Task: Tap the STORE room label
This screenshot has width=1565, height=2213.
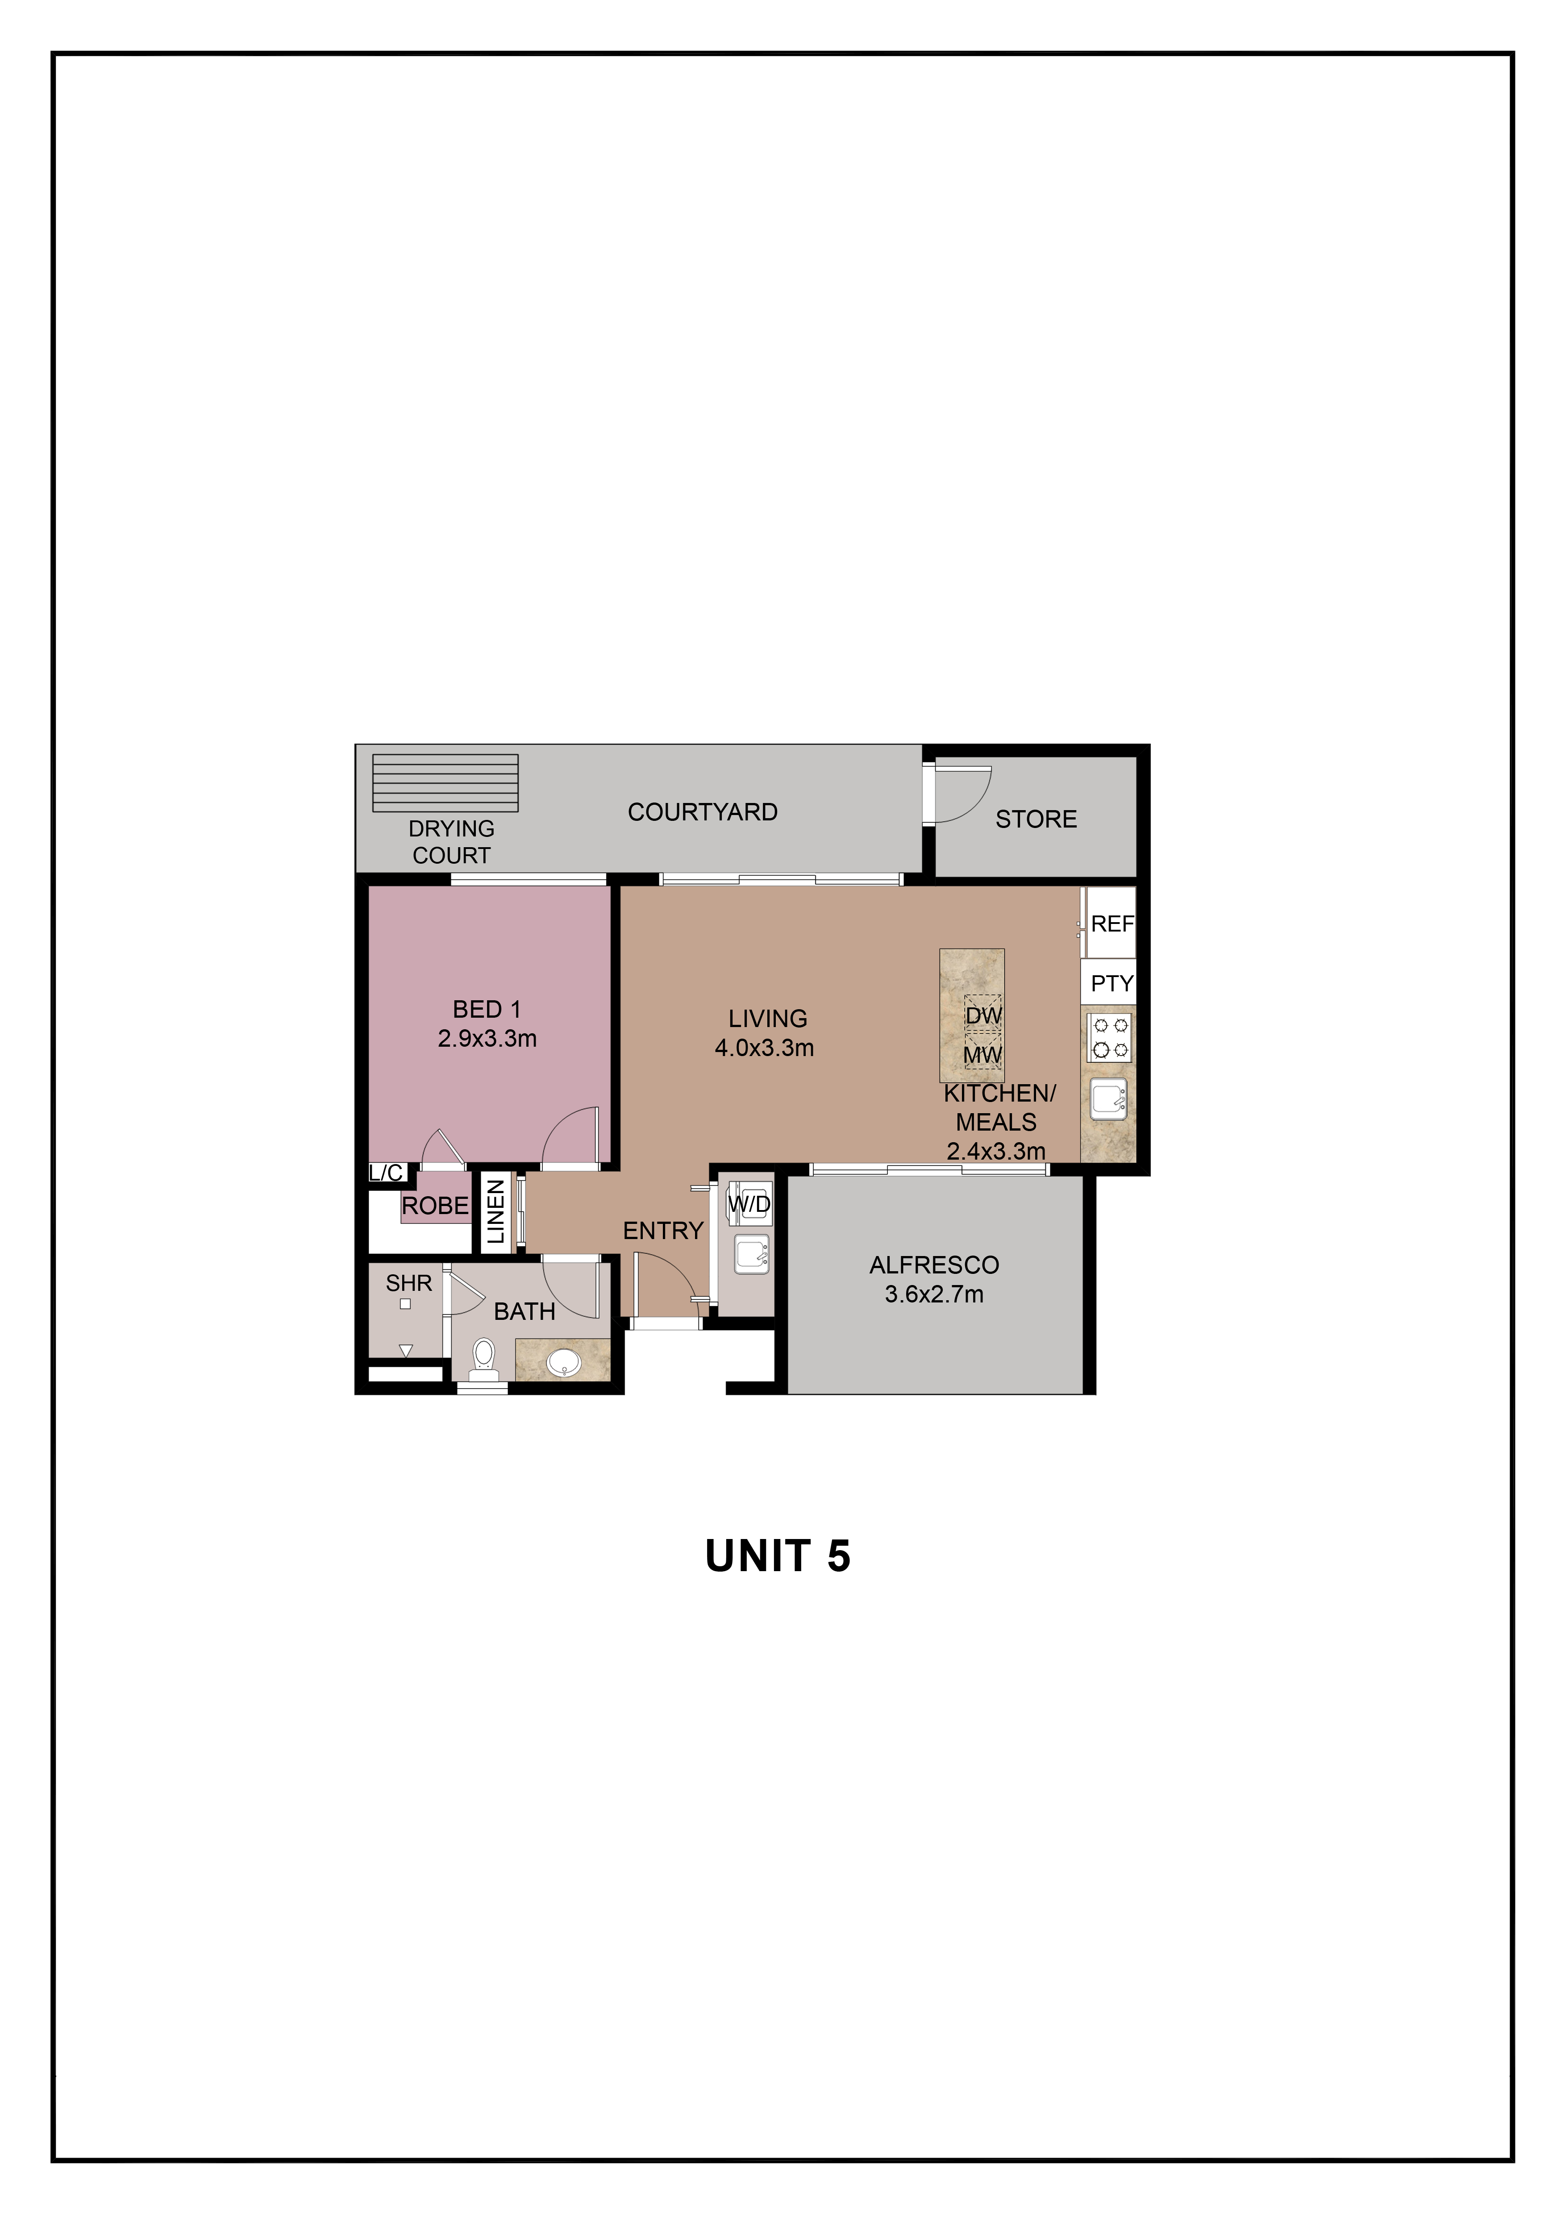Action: [1036, 819]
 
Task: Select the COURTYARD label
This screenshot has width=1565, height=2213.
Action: [703, 812]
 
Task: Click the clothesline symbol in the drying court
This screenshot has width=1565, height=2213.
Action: [445, 782]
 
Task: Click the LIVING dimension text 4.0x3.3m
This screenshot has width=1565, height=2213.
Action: [764, 1048]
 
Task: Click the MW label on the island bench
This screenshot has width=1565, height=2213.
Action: [983, 1056]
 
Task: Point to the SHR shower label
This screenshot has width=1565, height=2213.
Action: [408, 1284]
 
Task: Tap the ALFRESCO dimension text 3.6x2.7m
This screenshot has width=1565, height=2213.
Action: [934, 1294]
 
